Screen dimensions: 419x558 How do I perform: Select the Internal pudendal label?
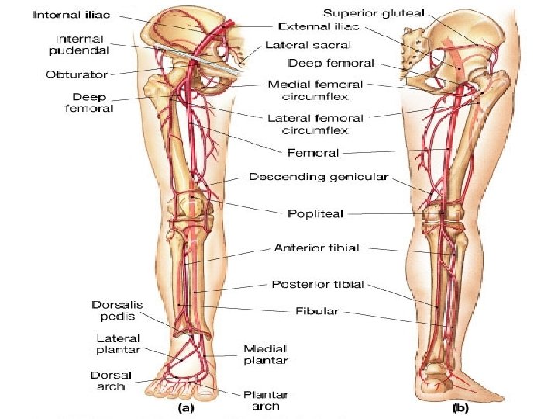(x=81, y=46)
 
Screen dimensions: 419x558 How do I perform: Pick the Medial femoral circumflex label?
(x=315, y=90)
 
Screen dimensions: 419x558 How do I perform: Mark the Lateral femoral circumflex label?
(x=315, y=124)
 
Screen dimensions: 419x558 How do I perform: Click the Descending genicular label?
(x=319, y=177)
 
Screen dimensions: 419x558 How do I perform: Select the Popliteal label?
(x=316, y=213)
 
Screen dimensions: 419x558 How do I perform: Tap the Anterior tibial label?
(x=317, y=248)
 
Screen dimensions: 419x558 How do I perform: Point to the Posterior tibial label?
(x=318, y=285)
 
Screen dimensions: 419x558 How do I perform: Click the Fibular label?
(x=317, y=311)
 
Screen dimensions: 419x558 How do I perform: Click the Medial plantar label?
(x=265, y=355)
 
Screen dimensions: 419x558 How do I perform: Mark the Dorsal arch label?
(x=112, y=380)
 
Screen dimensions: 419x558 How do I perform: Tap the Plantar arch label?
(x=261, y=400)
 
